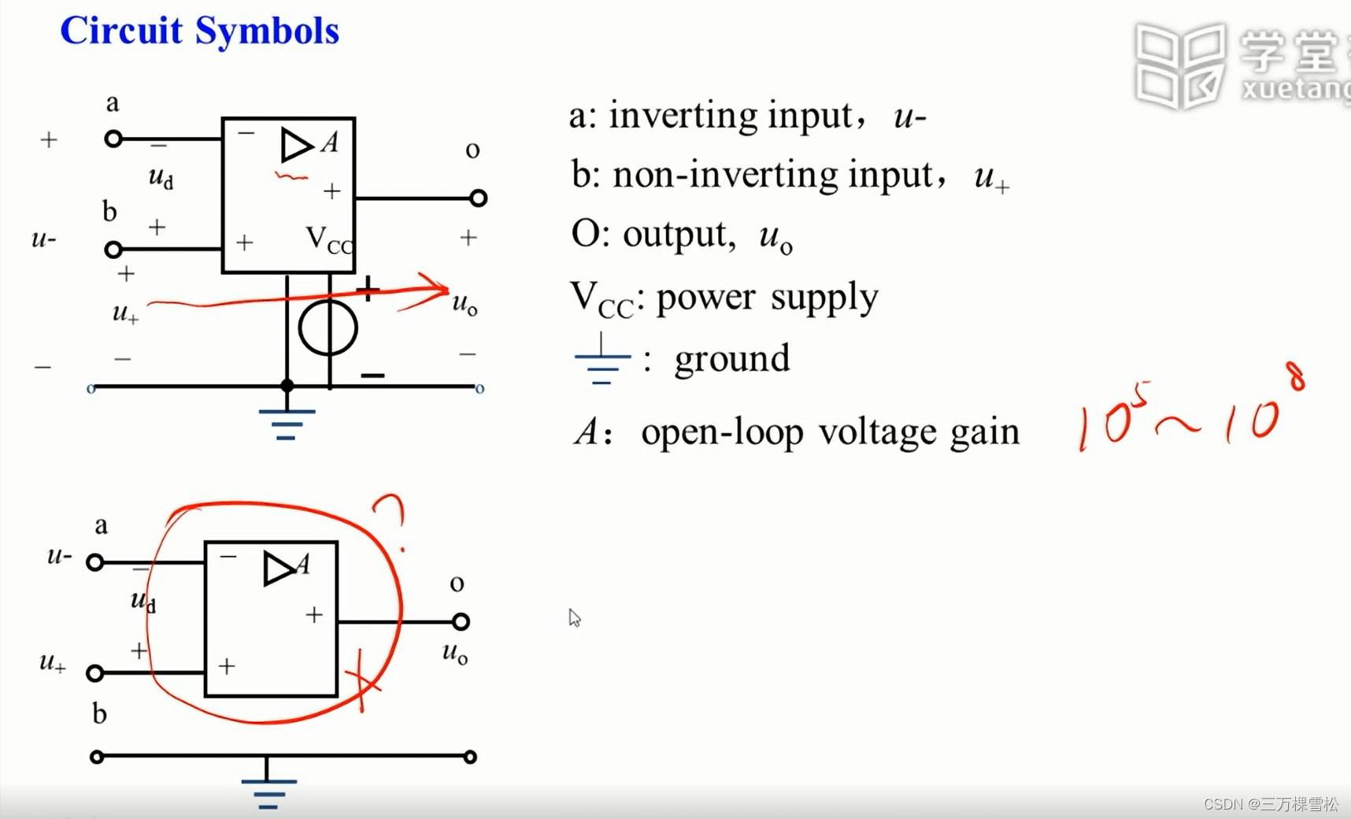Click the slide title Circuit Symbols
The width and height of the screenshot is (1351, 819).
click(x=199, y=31)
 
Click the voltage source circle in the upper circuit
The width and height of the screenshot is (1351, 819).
click(x=328, y=327)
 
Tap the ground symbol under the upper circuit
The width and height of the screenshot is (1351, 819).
click(x=286, y=423)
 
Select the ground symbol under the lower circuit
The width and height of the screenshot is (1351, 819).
click(x=268, y=791)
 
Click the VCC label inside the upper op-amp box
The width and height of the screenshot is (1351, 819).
click(x=328, y=239)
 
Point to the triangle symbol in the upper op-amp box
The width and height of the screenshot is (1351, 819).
click(x=296, y=145)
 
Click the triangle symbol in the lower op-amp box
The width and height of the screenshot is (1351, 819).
click(x=278, y=568)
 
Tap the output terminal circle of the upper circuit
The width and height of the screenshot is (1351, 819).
click(x=478, y=198)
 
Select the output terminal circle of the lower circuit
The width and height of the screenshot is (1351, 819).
click(x=461, y=621)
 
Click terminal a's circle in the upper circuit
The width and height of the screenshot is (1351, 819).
click(x=113, y=139)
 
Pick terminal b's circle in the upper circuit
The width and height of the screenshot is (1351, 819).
click(x=113, y=250)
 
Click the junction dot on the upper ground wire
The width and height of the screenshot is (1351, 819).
click(x=287, y=386)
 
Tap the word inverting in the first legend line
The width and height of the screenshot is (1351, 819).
click(x=681, y=116)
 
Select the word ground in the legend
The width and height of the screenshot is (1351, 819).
click(x=731, y=359)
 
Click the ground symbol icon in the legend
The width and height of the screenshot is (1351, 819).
click(x=602, y=361)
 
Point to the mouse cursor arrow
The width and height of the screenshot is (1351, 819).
click(x=574, y=617)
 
